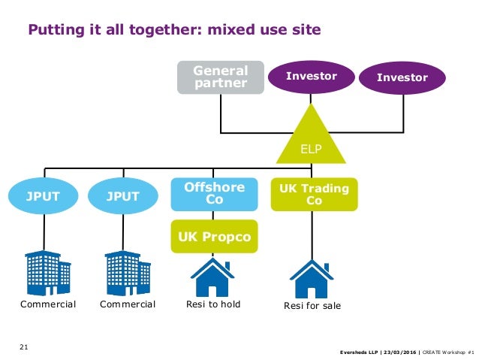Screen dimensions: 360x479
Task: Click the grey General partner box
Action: [x=221, y=77]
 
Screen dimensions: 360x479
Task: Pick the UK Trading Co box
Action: [x=314, y=195]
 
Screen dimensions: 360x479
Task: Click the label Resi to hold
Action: [x=212, y=304]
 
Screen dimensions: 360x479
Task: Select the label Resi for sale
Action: [x=312, y=306]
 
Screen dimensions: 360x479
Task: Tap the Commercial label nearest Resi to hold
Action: [x=128, y=304]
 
